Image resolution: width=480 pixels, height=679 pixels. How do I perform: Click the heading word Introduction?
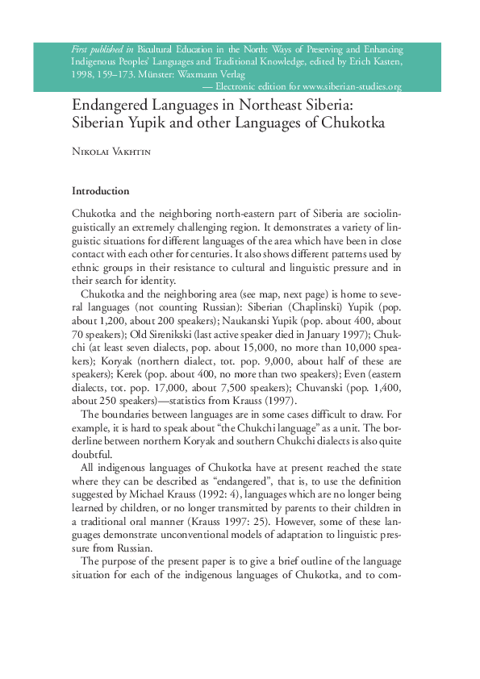coord(100,191)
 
